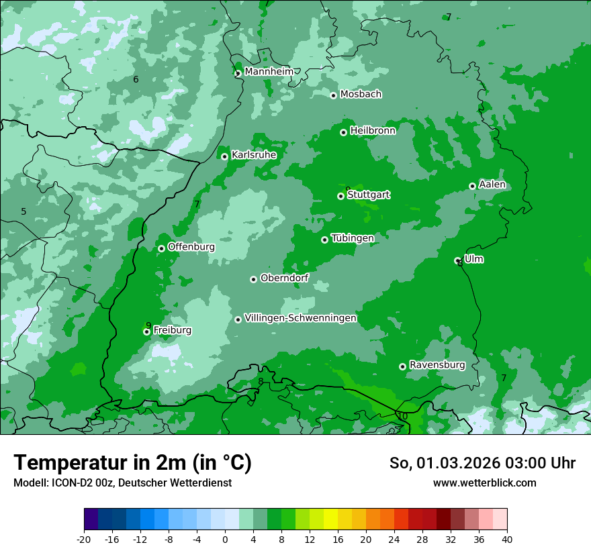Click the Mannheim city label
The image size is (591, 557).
(x=269, y=72)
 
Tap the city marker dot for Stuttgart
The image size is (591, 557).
(x=341, y=196)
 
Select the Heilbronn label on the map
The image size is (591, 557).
(x=373, y=131)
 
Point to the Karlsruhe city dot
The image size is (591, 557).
(x=225, y=156)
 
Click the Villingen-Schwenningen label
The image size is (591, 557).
(x=300, y=318)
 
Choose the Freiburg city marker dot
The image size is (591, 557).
(x=146, y=332)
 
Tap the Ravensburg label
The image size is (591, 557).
(x=437, y=365)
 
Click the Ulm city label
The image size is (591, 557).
(x=473, y=259)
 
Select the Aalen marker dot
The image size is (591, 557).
(x=472, y=186)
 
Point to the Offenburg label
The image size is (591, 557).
(x=191, y=247)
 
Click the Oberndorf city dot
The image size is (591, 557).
(x=253, y=279)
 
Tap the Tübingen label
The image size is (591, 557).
(x=353, y=238)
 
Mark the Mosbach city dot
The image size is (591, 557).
(x=333, y=95)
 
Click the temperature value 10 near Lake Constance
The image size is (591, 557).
(x=402, y=416)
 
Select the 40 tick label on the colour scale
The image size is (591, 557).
(x=506, y=540)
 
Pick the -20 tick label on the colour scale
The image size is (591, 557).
(x=84, y=540)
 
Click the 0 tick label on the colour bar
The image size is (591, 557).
(x=225, y=540)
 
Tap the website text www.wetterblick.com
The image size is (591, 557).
(x=484, y=483)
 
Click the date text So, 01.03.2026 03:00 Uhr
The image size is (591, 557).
(x=482, y=463)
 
